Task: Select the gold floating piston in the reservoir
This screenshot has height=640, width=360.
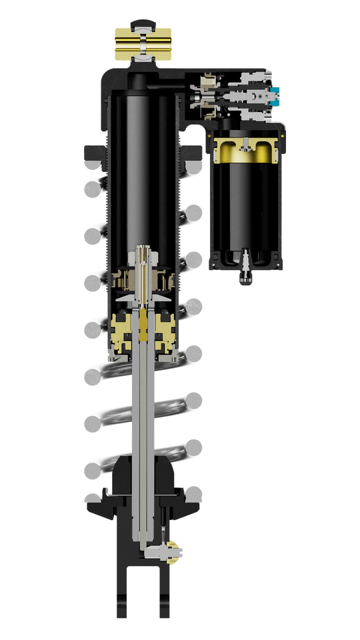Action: click(x=245, y=150)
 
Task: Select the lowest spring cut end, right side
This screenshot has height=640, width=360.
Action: click(x=193, y=494)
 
